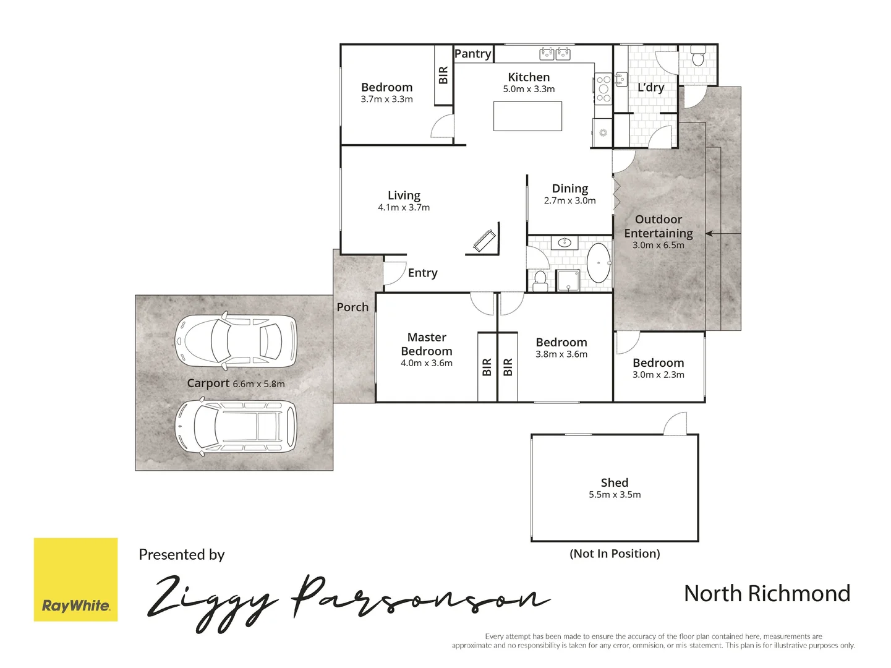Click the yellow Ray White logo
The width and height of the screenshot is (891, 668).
point(75,580)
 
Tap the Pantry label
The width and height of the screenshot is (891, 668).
point(472,54)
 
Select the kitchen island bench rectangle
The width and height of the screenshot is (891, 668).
point(527,116)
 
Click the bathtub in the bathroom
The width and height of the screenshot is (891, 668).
point(598,263)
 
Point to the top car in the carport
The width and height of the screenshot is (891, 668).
point(236,340)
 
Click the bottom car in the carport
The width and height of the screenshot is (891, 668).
point(236,427)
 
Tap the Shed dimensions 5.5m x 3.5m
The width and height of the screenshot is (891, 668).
point(615,495)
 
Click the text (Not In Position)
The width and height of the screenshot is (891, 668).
point(615,554)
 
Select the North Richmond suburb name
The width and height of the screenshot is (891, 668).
point(767,594)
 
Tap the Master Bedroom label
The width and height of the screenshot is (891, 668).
point(427,344)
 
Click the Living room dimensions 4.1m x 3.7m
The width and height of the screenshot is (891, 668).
point(404,208)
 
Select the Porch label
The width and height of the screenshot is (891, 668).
point(352,307)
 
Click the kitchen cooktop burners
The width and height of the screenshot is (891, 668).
point(603,88)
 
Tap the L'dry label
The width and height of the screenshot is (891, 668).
point(650,87)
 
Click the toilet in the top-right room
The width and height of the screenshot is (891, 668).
point(698,58)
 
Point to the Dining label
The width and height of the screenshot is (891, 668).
point(570,189)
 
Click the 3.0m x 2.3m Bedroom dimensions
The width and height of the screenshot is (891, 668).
point(658,375)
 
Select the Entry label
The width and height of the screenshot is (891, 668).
point(423,273)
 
